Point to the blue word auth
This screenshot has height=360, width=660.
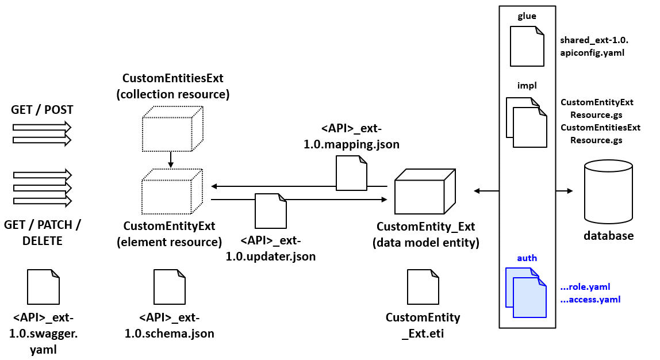[527, 258]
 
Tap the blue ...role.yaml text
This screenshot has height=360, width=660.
[585, 286]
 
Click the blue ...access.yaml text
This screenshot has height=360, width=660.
[590, 300]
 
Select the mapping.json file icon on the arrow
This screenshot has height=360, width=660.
[351, 174]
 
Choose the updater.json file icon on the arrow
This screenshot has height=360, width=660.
[271, 210]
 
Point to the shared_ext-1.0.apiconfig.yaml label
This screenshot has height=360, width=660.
[594, 46]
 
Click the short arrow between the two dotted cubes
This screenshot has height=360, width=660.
[171, 160]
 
